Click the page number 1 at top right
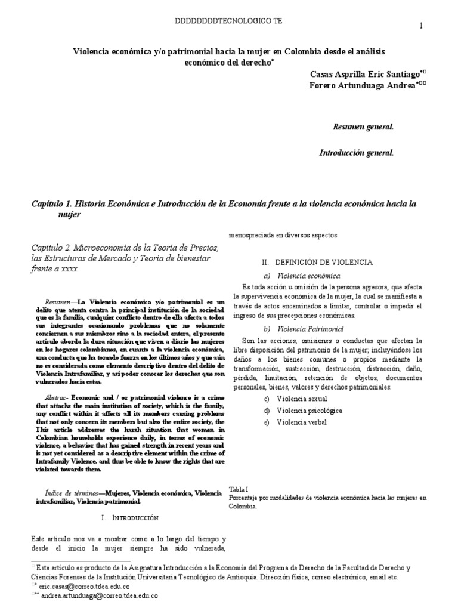[x=422, y=26]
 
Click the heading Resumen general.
[x=363, y=127]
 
